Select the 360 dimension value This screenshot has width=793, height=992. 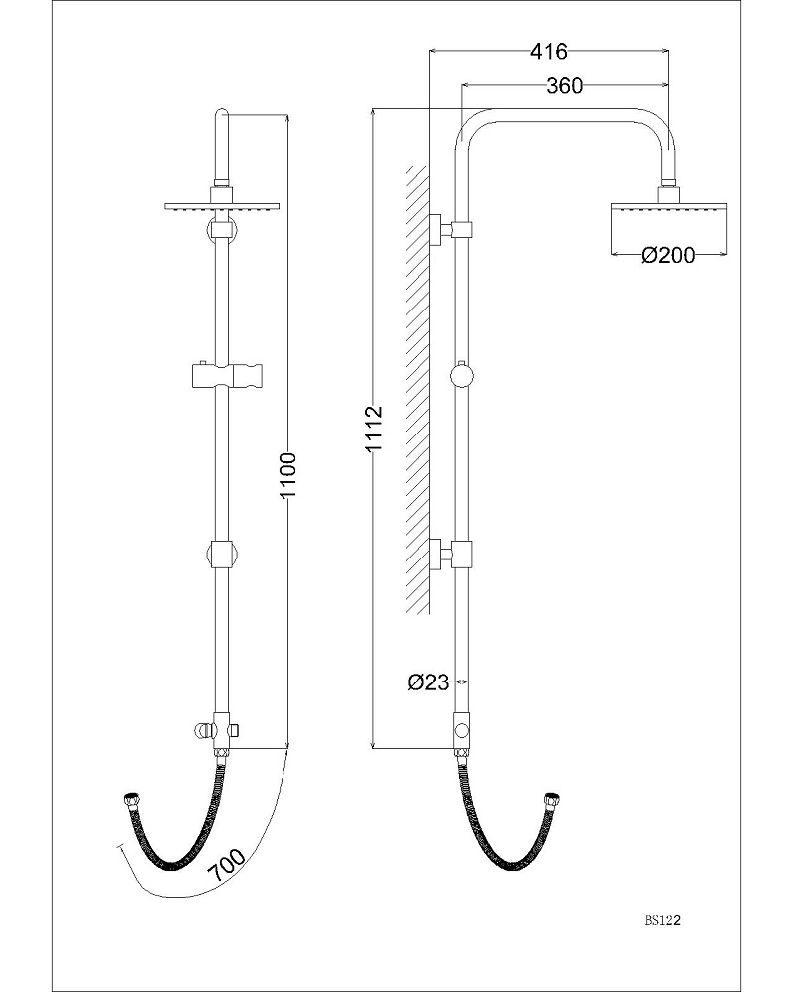(x=564, y=86)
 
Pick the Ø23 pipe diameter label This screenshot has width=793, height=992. (x=428, y=682)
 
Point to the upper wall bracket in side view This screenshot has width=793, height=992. (x=449, y=229)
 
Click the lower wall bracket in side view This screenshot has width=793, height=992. (x=449, y=553)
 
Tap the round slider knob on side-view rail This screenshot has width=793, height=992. (x=462, y=376)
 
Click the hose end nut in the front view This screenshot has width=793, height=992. (x=128, y=800)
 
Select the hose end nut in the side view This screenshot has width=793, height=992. (x=549, y=800)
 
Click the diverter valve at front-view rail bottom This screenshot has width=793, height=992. (x=218, y=729)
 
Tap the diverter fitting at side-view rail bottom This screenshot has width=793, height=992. (x=462, y=730)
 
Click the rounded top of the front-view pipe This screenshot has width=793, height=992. (x=222, y=117)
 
